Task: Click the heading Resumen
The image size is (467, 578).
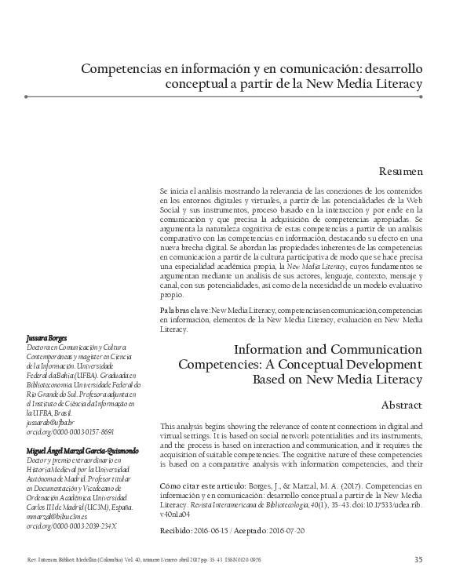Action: pos(402,169)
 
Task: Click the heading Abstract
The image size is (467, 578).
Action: pos(402,405)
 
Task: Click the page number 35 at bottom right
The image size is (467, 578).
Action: pos(418,558)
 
